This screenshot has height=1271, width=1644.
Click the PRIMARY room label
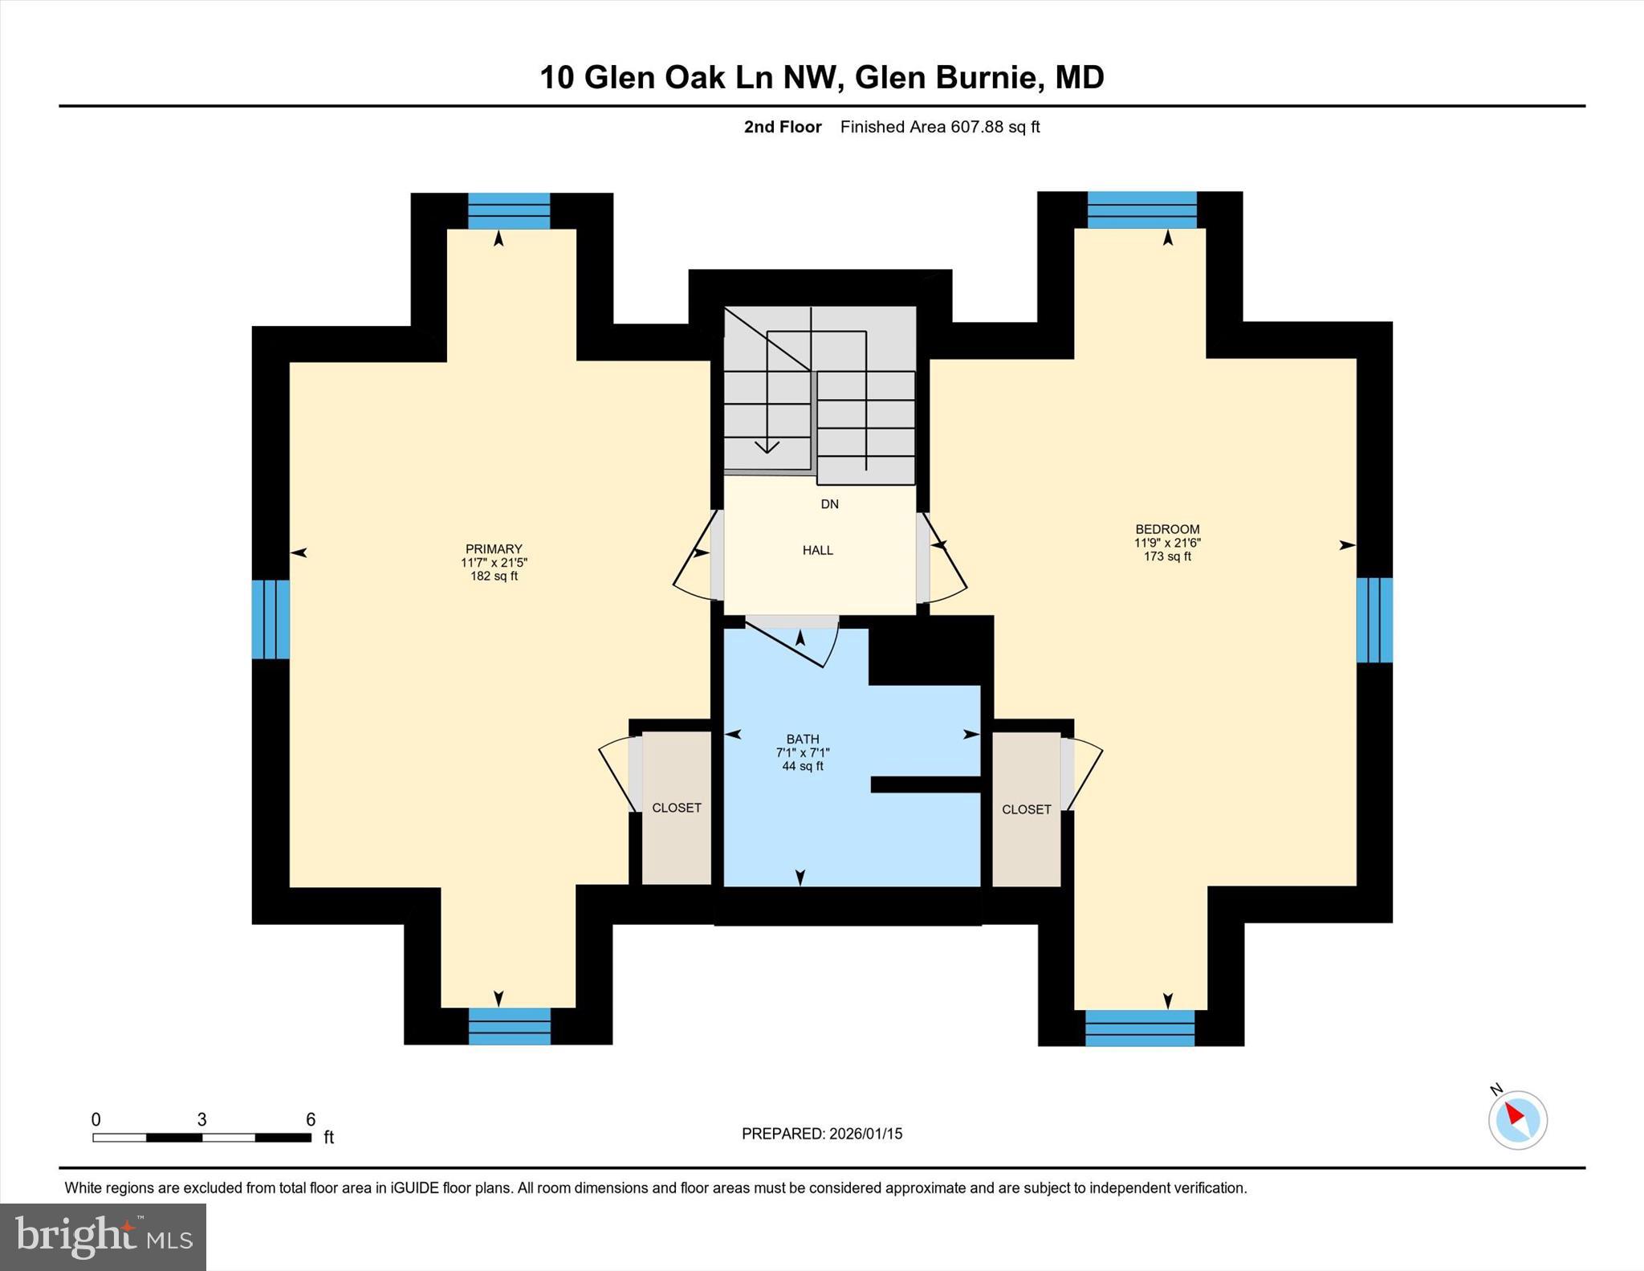494,549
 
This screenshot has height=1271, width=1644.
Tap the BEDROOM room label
1167,529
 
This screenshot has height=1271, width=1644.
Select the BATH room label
803,739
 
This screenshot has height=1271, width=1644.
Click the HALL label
818,550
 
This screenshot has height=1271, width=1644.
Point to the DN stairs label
829,504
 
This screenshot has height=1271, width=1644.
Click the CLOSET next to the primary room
677,808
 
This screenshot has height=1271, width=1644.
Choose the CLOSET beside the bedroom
1026,809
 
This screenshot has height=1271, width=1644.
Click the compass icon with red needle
1517,1119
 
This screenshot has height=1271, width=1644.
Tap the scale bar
201,1137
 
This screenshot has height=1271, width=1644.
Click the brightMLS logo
103,1236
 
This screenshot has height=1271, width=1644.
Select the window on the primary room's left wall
271,619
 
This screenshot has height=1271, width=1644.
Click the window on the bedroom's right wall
1374,620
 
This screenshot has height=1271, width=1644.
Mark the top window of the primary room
509,211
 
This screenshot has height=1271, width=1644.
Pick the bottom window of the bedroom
1140,1028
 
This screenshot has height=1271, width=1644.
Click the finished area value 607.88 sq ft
995,127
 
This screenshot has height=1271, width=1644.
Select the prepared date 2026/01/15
865,1134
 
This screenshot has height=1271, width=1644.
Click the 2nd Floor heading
783,127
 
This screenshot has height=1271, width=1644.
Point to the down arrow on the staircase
767,446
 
